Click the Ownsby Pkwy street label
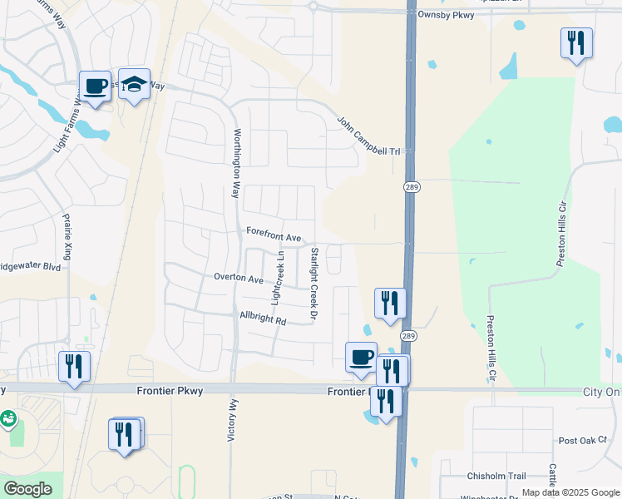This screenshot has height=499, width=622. [x=447, y=14]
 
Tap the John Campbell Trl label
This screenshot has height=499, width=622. [x=368, y=135]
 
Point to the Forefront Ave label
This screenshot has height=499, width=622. [x=272, y=237]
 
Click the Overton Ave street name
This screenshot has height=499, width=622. [x=238, y=278]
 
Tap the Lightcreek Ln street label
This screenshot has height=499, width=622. [x=279, y=276]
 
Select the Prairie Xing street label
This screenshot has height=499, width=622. [x=67, y=236]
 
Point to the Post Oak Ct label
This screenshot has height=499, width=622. [x=579, y=441]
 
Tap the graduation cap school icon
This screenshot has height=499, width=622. [x=134, y=84]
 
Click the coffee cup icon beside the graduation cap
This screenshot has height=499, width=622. [x=95, y=86]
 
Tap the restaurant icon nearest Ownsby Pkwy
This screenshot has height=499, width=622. [x=576, y=42]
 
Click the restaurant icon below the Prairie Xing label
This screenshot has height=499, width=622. [x=74, y=366]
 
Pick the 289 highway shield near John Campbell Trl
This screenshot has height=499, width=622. [x=411, y=188]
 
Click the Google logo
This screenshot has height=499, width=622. [x=27, y=489]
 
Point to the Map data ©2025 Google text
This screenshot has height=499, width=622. [x=570, y=492]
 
